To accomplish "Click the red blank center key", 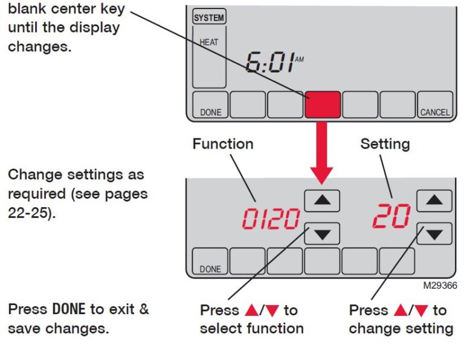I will [323, 104].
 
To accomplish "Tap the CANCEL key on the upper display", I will [434, 105].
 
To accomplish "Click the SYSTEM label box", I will [208, 18].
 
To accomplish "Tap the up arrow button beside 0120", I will [322, 201].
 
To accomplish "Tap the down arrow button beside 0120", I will [322, 233].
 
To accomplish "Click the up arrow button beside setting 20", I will [434, 201].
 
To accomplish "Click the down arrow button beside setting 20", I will [434, 233].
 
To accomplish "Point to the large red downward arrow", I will [322, 151].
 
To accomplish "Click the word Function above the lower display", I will [223, 144].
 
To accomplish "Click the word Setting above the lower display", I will [385, 144].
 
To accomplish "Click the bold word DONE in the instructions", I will [70, 309].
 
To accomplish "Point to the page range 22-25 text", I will [28, 214].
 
